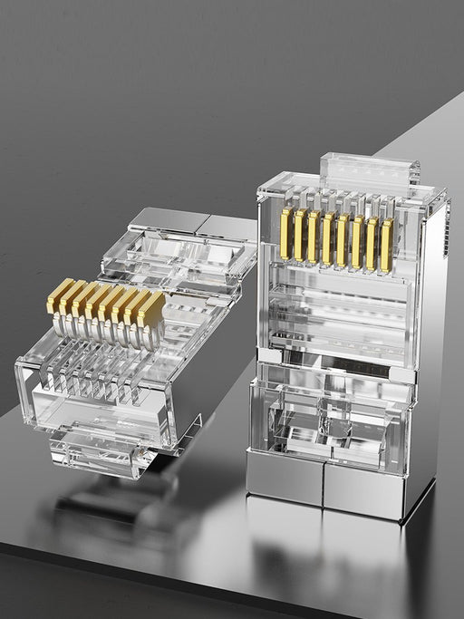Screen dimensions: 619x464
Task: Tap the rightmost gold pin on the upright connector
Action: (387, 245)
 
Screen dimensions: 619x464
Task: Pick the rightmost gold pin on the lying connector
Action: (151, 310)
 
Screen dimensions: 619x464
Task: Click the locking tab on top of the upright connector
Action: (370, 171)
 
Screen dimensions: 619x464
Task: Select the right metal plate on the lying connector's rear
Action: (227, 227)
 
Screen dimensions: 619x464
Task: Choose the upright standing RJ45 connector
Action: (344, 344)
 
